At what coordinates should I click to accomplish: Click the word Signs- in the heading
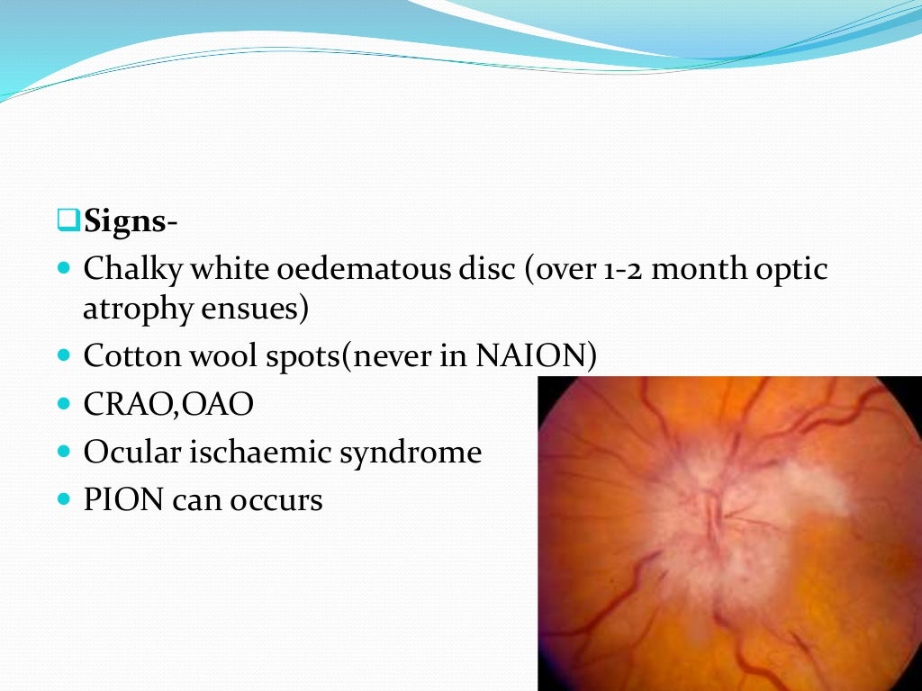(x=131, y=220)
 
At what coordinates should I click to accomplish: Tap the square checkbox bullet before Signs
(x=68, y=220)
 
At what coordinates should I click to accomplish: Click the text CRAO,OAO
(x=168, y=404)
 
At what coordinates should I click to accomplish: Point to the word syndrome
(x=411, y=452)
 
